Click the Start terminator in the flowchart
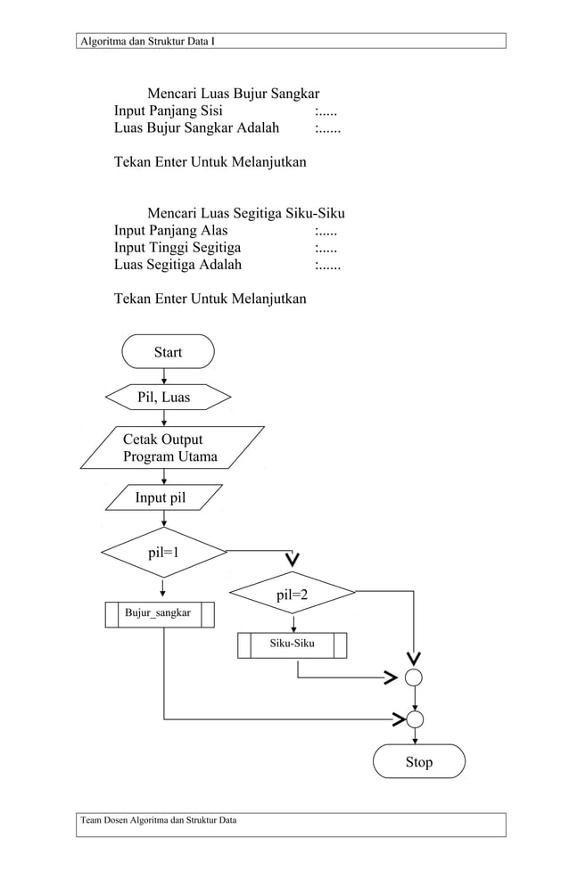(168, 352)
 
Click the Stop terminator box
(418, 761)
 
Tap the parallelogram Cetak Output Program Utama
(171, 447)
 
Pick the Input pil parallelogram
(161, 497)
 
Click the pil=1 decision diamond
(164, 552)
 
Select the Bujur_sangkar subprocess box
(160, 613)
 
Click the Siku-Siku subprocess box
(292, 644)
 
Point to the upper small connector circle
(414, 678)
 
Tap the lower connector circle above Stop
(414, 718)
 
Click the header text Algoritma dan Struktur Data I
(148, 41)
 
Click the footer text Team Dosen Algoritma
(159, 820)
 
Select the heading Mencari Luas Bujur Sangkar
(233, 94)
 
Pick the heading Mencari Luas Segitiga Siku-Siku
(245, 214)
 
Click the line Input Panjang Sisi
(169, 111)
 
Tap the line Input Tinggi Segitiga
(177, 248)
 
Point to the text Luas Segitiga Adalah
(177, 265)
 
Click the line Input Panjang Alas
(171, 231)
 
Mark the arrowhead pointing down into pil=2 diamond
(293, 559)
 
